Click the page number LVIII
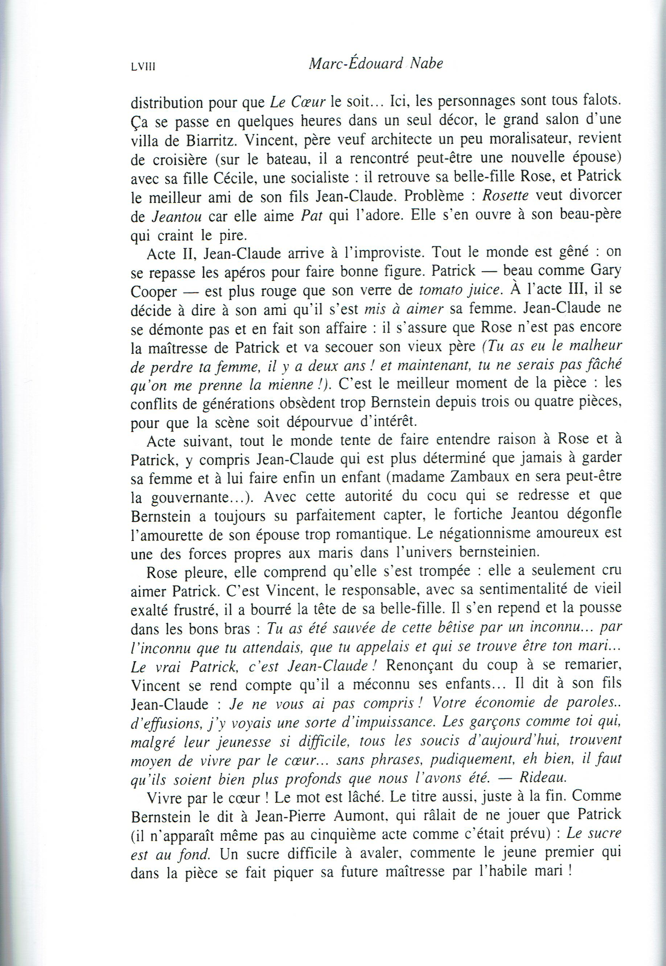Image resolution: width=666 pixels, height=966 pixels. click(144, 67)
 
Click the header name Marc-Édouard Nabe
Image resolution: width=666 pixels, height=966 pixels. click(376, 64)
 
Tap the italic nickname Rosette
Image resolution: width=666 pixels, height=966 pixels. click(506, 195)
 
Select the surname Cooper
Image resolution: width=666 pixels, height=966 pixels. click(154, 290)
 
